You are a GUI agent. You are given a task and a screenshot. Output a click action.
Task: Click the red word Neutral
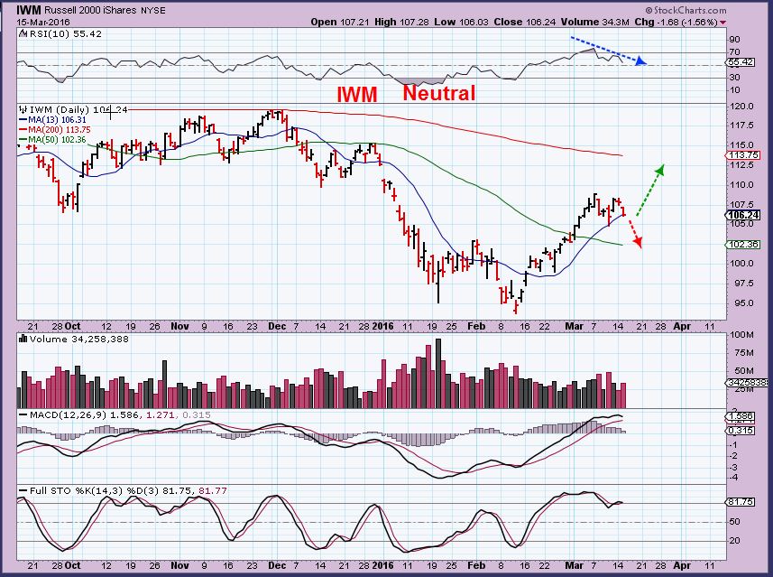click(438, 92)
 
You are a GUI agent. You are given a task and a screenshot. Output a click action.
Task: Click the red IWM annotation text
click(357, 94)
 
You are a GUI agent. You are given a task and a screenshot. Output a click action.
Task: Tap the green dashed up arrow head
click(660, 169)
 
